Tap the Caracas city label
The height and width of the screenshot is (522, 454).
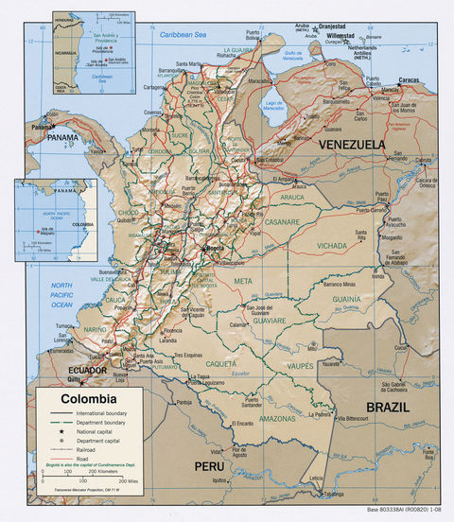click(x=410, y=81)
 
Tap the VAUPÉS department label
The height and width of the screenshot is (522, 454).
click(x=301, y=365)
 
